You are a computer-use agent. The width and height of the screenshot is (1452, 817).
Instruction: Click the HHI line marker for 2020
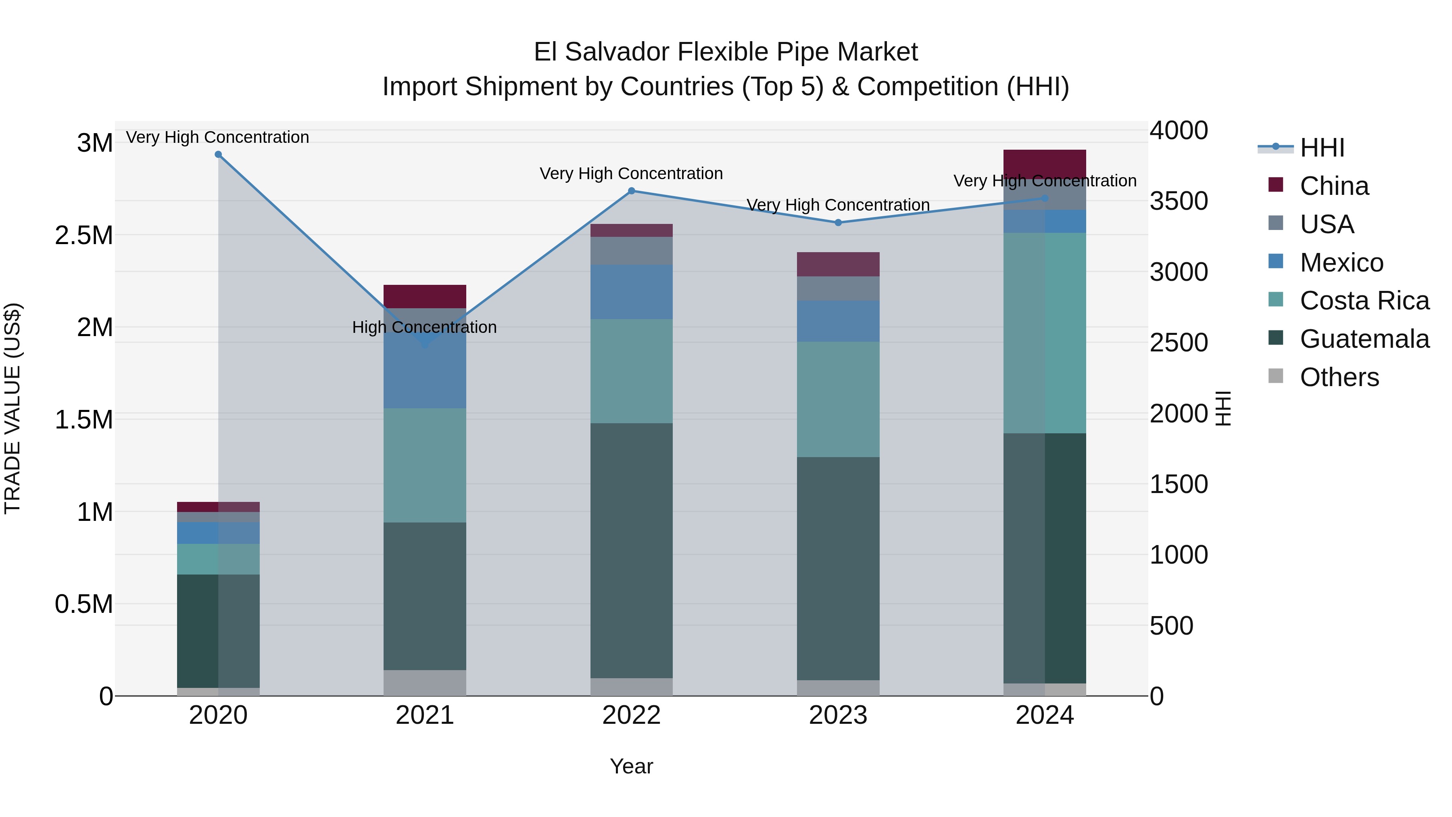(x=218, y=155)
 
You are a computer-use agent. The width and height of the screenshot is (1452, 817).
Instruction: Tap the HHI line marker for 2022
(x=631, y=191)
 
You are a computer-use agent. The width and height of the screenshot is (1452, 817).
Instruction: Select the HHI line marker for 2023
(x=838, y=223)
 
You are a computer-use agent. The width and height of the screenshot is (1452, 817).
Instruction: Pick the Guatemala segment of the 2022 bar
(x=631, y=550)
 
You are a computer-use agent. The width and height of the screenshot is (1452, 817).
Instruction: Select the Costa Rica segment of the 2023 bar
(x=838, y=399)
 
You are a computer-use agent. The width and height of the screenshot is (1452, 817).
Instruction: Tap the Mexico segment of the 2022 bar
(x=631, y=292)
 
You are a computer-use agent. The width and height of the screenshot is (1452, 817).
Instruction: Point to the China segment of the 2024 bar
(x=1045, y=163)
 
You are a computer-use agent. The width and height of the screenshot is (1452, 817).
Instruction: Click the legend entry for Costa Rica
(x=1364, y=301)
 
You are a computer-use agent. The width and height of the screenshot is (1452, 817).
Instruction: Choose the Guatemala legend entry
(x=1364, y=339)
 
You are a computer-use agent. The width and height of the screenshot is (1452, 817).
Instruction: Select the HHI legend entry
(x=1322, y=148)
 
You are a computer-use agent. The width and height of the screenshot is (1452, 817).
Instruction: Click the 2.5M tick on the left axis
(x=83, y=235)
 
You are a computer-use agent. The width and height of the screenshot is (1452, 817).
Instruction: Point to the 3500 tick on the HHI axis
(x=1179, y=201)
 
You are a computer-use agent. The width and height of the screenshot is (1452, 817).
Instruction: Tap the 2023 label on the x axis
(x=838, y=715)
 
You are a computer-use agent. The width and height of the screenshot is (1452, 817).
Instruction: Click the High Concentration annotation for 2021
(x=424, y=327)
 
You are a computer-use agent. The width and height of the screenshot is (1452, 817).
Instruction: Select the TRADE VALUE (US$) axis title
(x=13, y=408)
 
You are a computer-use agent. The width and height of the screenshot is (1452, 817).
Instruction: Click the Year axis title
(x=631, y=766)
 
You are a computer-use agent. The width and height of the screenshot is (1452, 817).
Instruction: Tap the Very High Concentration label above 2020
(x=217, y=137)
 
